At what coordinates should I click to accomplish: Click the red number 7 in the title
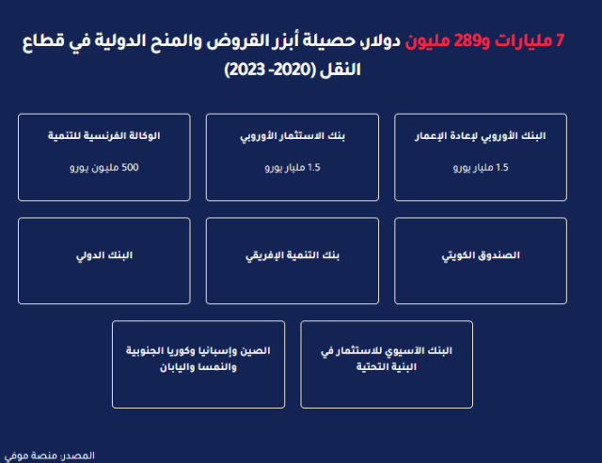coord(560,40)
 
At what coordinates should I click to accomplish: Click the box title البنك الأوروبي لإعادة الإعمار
coord(481,136)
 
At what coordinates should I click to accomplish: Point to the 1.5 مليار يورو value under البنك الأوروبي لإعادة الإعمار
coord(481,167)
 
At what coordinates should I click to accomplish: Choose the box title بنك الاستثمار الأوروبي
coord(293,136)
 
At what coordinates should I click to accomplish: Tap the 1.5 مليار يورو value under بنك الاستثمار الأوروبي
coord(293,167)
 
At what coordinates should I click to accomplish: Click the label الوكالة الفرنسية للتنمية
coord(104,135)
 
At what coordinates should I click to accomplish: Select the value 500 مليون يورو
coord(104,167)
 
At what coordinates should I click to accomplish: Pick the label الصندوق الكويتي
coord(481,255)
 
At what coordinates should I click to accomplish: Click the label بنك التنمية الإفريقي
coord(293,255)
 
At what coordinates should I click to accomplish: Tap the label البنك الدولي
coord(104,255)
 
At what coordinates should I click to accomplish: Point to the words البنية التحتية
coord(387,367)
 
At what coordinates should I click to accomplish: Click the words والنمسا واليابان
coord(198,367)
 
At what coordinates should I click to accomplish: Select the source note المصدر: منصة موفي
coord(50,455)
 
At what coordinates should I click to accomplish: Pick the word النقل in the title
coord(340,69)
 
